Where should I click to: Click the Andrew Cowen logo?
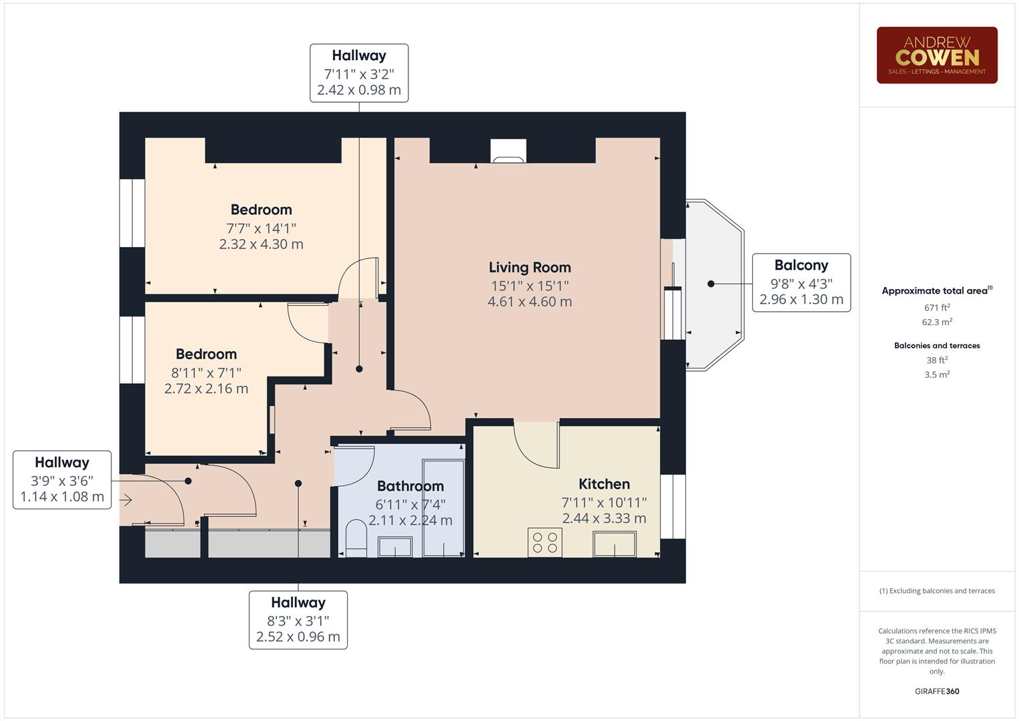[x=936, y=55]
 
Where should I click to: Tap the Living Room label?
[x=530, y=268]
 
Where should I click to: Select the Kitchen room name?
[x=604, y=484]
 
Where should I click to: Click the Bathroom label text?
[x=410, y=486]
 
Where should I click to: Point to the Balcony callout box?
[x=801, y=282]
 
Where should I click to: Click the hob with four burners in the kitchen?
[x=545, y=542]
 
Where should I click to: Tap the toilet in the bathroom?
[x=356, y=539]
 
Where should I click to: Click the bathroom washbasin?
[x=394, y=547]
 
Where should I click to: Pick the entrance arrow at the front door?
[x=127, y=501]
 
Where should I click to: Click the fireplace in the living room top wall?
[x=508, y=151]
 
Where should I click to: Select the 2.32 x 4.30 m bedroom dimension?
[x=261, y=244]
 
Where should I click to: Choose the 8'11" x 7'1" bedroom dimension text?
[x=206, y=373]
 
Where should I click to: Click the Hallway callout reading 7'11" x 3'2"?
[x=359, y=73]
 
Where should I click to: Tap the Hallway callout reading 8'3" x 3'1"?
[x=298, y=620]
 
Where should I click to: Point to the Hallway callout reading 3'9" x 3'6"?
[x=62, y=480]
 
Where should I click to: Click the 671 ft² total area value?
[x=937, y=308]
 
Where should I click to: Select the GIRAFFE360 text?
[x=937, y=691]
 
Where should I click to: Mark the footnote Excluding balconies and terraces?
[x=937, y=591]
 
